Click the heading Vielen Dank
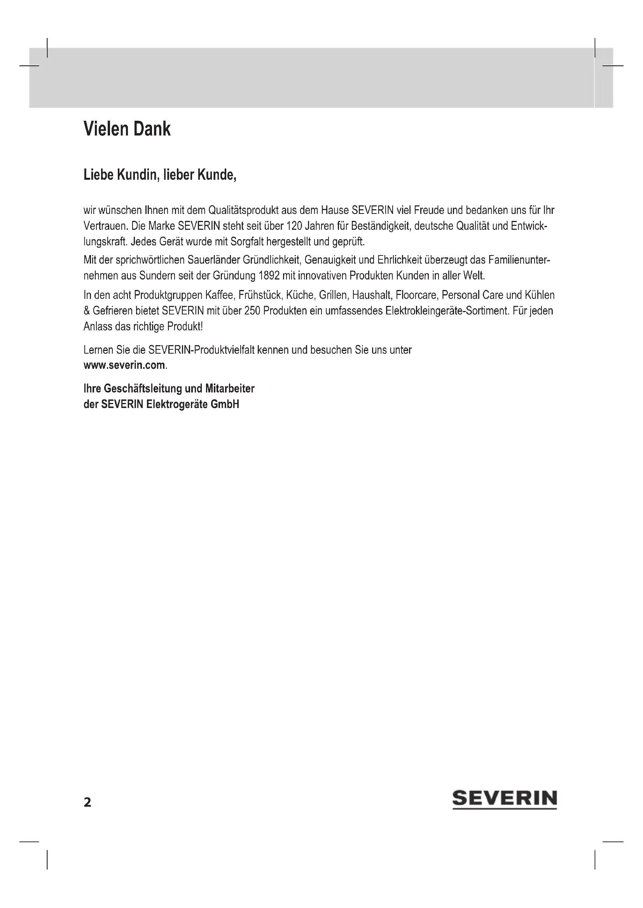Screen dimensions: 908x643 click(x=127, y=129)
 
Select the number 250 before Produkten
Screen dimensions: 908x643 click(x=252, y=311)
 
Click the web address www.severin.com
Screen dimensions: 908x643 click(x=124, y=365)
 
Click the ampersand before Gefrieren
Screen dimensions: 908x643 click(x=86, y=311)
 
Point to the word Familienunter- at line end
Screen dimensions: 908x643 click(x=519, y=260)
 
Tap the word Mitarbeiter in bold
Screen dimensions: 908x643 click(x=230, y=389)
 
